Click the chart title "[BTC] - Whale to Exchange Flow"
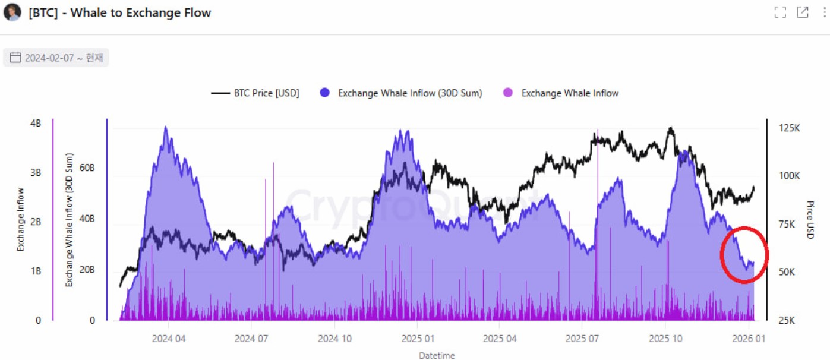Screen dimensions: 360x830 119,12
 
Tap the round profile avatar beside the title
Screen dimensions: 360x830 12,12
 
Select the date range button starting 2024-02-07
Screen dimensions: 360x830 56,58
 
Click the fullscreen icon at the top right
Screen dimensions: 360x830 780,12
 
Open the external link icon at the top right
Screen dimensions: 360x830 802,12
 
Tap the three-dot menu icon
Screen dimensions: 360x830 824,12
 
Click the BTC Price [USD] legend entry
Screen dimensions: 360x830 255,93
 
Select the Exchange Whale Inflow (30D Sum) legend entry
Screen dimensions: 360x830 400,93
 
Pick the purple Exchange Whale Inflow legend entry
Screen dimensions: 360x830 561,93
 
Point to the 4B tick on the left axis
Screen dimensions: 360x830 35,124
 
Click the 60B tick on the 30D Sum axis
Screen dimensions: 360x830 87,168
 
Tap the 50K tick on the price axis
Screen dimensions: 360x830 788,272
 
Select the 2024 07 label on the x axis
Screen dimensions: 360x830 251,339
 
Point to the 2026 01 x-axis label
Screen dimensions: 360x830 748,339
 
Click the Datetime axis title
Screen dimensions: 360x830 437,355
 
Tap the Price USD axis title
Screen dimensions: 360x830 810,220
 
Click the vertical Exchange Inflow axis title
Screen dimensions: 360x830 21,219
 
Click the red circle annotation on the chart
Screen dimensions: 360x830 744,255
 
